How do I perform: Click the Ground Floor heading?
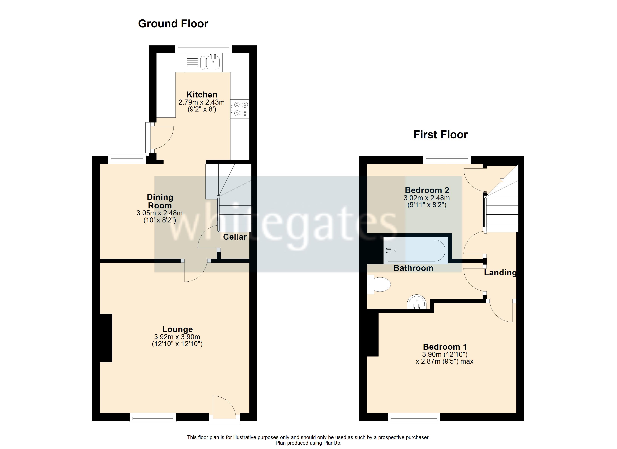click(173, 24)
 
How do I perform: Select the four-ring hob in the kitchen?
click(240, 109)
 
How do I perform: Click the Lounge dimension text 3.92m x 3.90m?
click(177, 337)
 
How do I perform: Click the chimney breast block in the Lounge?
click(106, 338)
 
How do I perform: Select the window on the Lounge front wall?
click(153, 417)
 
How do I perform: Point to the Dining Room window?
click(127, 159)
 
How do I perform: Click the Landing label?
click(500, 273)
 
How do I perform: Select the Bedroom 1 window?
click(414, 417)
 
